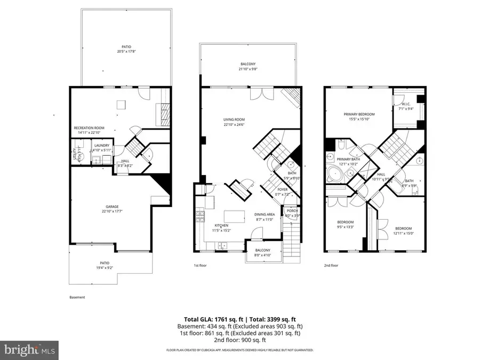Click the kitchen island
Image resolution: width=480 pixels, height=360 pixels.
coord(233,215)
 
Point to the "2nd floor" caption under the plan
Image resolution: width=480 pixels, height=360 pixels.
coord(331,265)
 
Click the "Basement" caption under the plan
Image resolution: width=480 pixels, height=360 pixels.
coord(77,297)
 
